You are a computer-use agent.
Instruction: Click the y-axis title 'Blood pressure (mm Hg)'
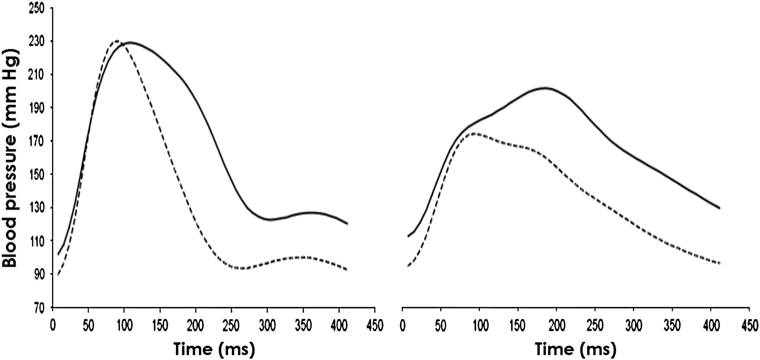click(10, 159)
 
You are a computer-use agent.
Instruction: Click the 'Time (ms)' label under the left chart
click(214, 349)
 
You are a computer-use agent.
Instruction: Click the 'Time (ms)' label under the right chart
click(576, 349)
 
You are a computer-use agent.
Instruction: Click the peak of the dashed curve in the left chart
click(117, 41)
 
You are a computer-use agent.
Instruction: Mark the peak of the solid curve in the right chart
click(545, 88)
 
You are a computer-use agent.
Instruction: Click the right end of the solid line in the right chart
click(719, 208)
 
